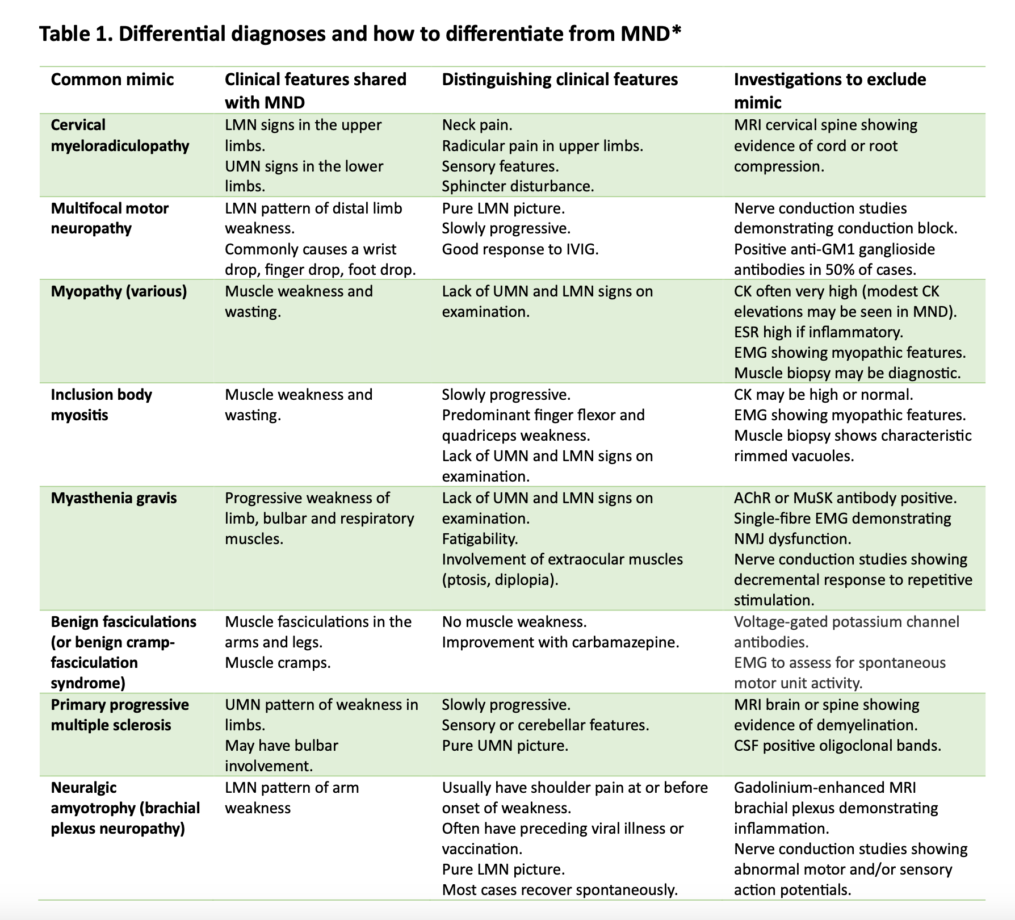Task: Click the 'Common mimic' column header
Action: click(x=112, y=80)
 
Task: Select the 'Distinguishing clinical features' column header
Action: click(x=560, y=80)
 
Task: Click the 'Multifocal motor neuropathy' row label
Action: click(x=110, y=218)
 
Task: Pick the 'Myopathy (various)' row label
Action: click(x=119, y=292)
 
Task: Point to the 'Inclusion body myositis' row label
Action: click(x=102, y=404)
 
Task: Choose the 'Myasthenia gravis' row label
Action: click(x=114, y=498)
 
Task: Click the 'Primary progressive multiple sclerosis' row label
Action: click(x=120, y=715)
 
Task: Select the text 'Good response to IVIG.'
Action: click(x=520, y=249)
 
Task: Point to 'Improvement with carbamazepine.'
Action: click(x=560, y=642)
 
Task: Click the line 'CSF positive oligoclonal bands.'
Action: click(x=837, y=746)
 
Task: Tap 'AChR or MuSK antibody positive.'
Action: click(x=845, y=498)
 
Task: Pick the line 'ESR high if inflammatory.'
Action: click(x=818, y=332)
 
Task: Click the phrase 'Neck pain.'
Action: click(x=477, y=125)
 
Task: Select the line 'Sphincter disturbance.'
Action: click(x=518, y=187)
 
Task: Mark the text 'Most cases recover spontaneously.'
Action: click(x=560, y=890)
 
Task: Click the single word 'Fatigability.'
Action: click(x=480, y=539)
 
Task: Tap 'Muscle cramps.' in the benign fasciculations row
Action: click(x=278, y=663)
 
